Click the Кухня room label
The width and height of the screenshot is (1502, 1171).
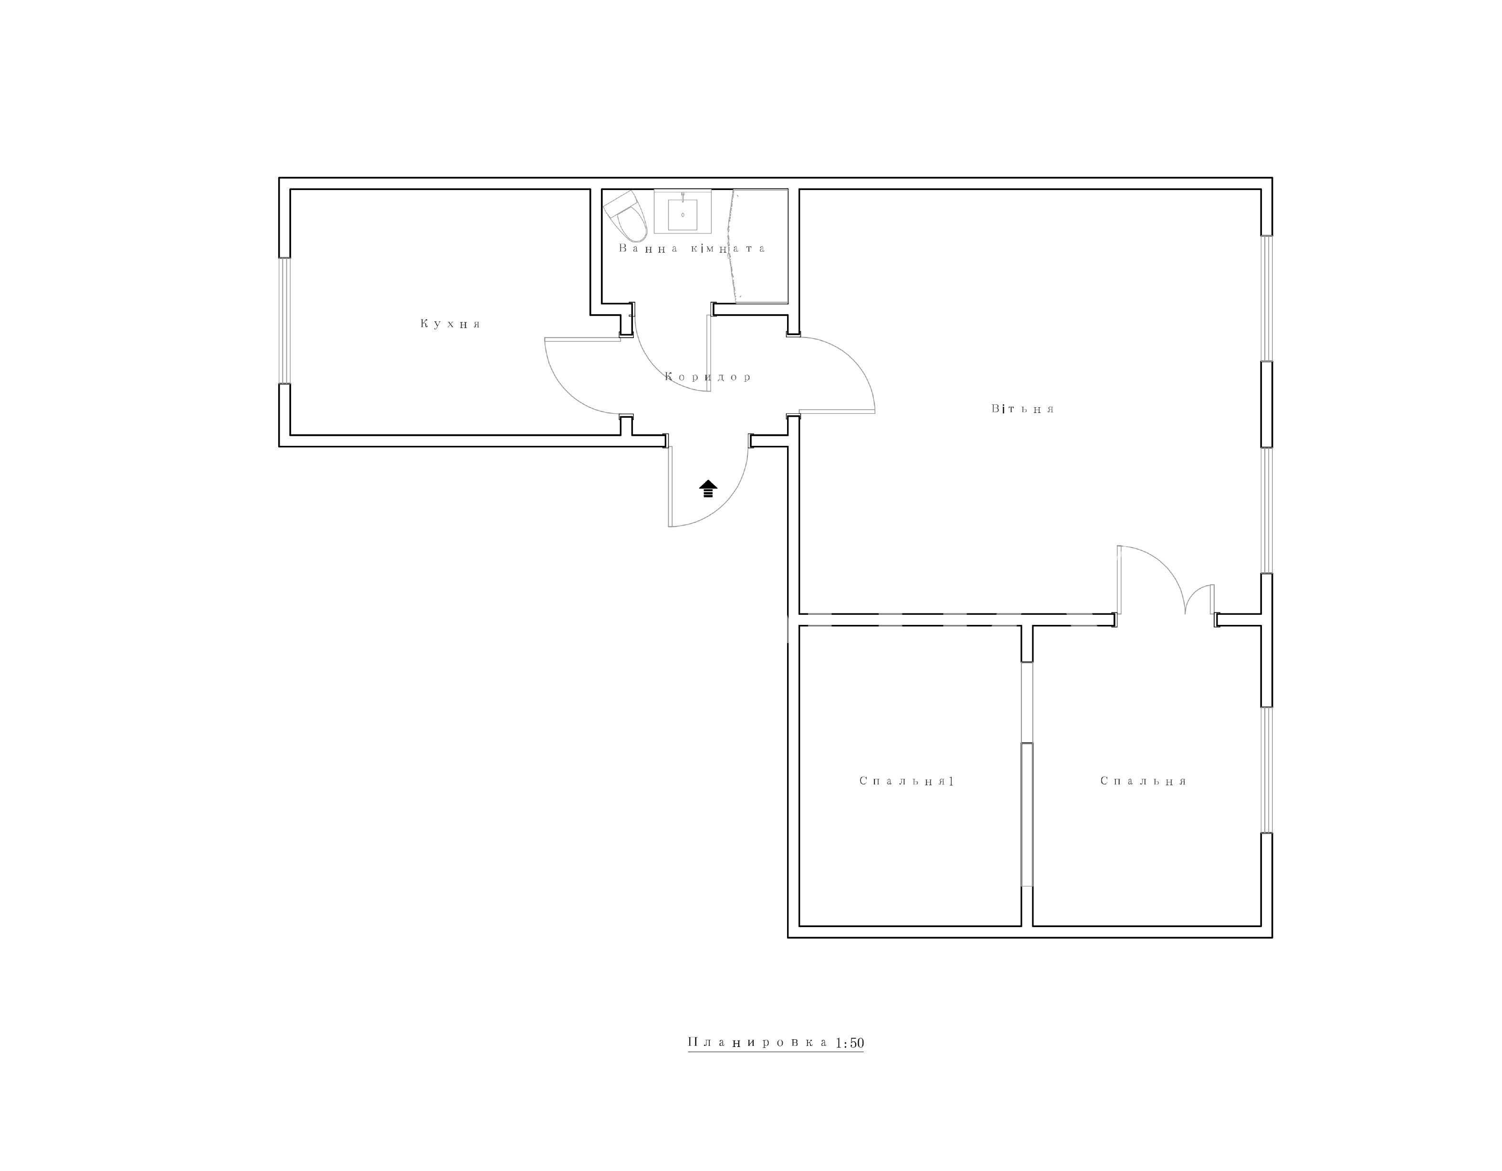tap(451, 324)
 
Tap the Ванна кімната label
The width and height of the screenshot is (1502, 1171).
tap(692, 248)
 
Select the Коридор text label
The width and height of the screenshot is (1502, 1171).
tap(708, 377)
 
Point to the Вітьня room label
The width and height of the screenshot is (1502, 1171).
tap(1023, 409)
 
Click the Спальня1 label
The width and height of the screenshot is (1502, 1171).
tap(906, 781)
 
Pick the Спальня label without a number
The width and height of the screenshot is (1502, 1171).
tap(1143, 781)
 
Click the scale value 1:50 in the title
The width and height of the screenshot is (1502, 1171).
tap(850, 1043)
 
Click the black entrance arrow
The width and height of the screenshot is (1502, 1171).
tap(708, 488)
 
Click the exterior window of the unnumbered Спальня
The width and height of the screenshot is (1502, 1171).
tap(1266, 770)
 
